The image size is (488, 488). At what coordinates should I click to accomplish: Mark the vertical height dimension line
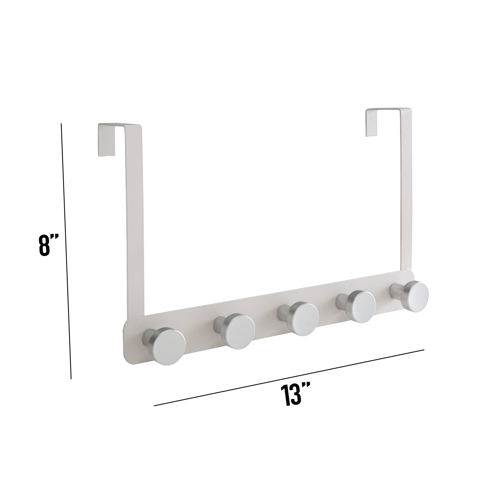point(66,253)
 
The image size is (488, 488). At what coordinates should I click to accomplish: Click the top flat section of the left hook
point(119,125)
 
